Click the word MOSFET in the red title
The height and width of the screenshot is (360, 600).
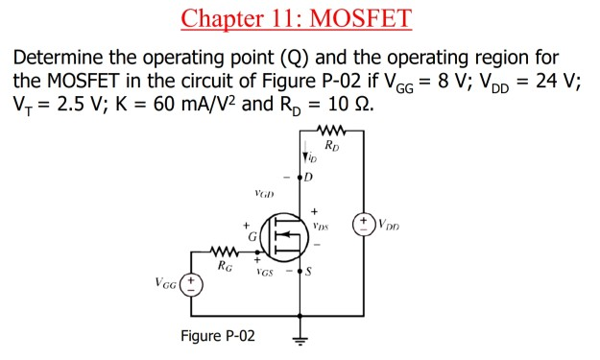358,17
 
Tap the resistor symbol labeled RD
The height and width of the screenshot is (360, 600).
333,131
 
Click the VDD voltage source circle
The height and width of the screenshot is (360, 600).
365,227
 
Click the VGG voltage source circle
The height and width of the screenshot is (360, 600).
192,284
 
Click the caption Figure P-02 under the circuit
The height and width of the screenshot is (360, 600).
217,335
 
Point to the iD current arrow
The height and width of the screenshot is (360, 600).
305,157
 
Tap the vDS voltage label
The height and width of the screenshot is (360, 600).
321,228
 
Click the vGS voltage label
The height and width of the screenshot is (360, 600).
265,273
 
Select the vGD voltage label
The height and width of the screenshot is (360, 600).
265,193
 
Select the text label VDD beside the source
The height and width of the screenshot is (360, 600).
391,228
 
